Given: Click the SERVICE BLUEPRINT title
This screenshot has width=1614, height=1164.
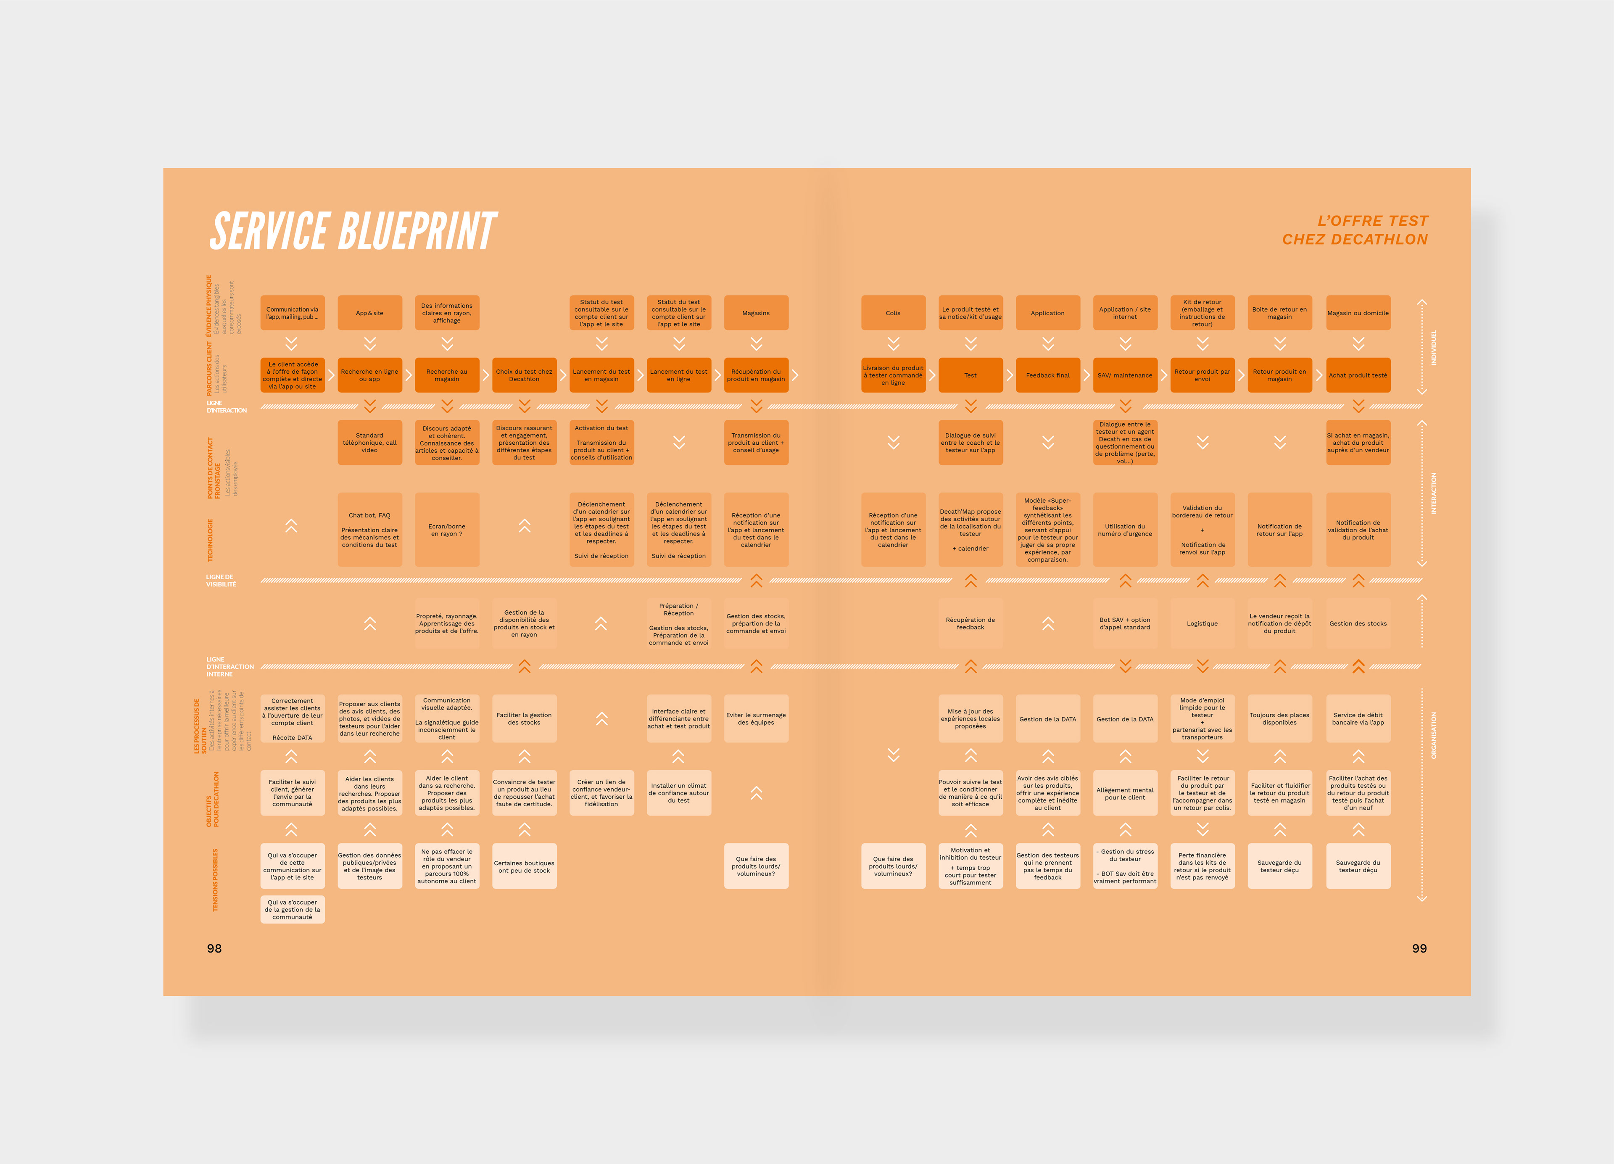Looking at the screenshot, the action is (x=353, y=231).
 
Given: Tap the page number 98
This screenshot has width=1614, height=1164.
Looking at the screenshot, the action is (x=214, y=948).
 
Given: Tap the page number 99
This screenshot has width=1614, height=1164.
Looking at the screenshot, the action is (x=1419, y=948).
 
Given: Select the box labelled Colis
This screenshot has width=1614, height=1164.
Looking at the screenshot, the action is (x=893, y=313).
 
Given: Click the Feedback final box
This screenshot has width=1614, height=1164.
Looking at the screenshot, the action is (x=1047, y=375).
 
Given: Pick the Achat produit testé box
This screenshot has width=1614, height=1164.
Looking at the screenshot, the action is (x=1358, y=375).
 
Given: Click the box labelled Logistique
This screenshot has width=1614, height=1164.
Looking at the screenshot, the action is (x=1202, y=624).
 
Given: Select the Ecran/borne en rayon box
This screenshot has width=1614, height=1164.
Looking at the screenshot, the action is (x=447, y=531).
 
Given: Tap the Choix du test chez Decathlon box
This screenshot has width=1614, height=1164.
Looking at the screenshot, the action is (x=525, y=375).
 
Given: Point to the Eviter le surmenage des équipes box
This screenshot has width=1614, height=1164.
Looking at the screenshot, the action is (x=756, y=719).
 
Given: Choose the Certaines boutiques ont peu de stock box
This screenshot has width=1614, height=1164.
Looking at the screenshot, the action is (x=525, y=866).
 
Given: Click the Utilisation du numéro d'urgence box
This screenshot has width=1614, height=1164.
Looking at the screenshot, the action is (x=1125, y=531).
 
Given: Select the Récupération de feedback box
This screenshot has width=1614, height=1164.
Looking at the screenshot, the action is (x=971, y=624).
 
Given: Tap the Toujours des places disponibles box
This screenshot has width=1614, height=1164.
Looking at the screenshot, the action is (x=1279, y=719).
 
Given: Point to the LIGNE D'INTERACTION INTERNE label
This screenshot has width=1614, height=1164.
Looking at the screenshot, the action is (x=229, y=667).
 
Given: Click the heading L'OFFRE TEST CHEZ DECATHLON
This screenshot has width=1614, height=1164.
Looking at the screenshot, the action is (x=1355, y=230).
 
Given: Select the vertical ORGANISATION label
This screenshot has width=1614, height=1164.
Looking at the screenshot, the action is (x=1433, y=735).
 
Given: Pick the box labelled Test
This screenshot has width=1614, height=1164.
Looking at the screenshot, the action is (x=971, y=375).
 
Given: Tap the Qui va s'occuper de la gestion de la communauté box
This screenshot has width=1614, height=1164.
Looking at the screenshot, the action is (x=293, y=910).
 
